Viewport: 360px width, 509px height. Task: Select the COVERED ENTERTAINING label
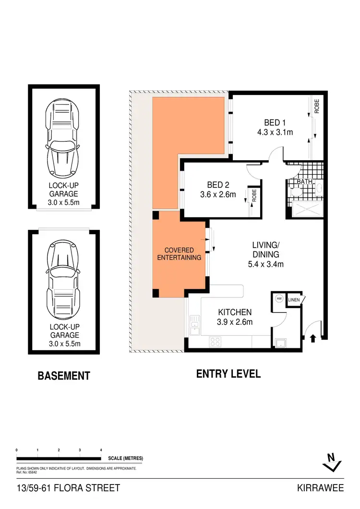tap(179, 254)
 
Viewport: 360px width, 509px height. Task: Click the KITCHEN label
tap(235, 312)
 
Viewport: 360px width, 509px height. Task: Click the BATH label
tap(304, 182)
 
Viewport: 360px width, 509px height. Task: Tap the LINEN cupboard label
tap(294, 300)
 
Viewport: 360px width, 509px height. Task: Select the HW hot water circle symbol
tap(279, 298)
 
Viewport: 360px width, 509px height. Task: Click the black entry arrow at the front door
tap(313, 339)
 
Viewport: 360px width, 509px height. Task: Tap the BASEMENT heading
tap(64, 376)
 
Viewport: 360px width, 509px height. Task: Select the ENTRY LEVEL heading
tap(228, 374)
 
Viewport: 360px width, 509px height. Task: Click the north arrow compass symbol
tap(331, 462)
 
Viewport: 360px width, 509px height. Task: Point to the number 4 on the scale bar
tap(101, 450)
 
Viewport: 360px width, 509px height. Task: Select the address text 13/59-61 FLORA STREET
tap(68, 488)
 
